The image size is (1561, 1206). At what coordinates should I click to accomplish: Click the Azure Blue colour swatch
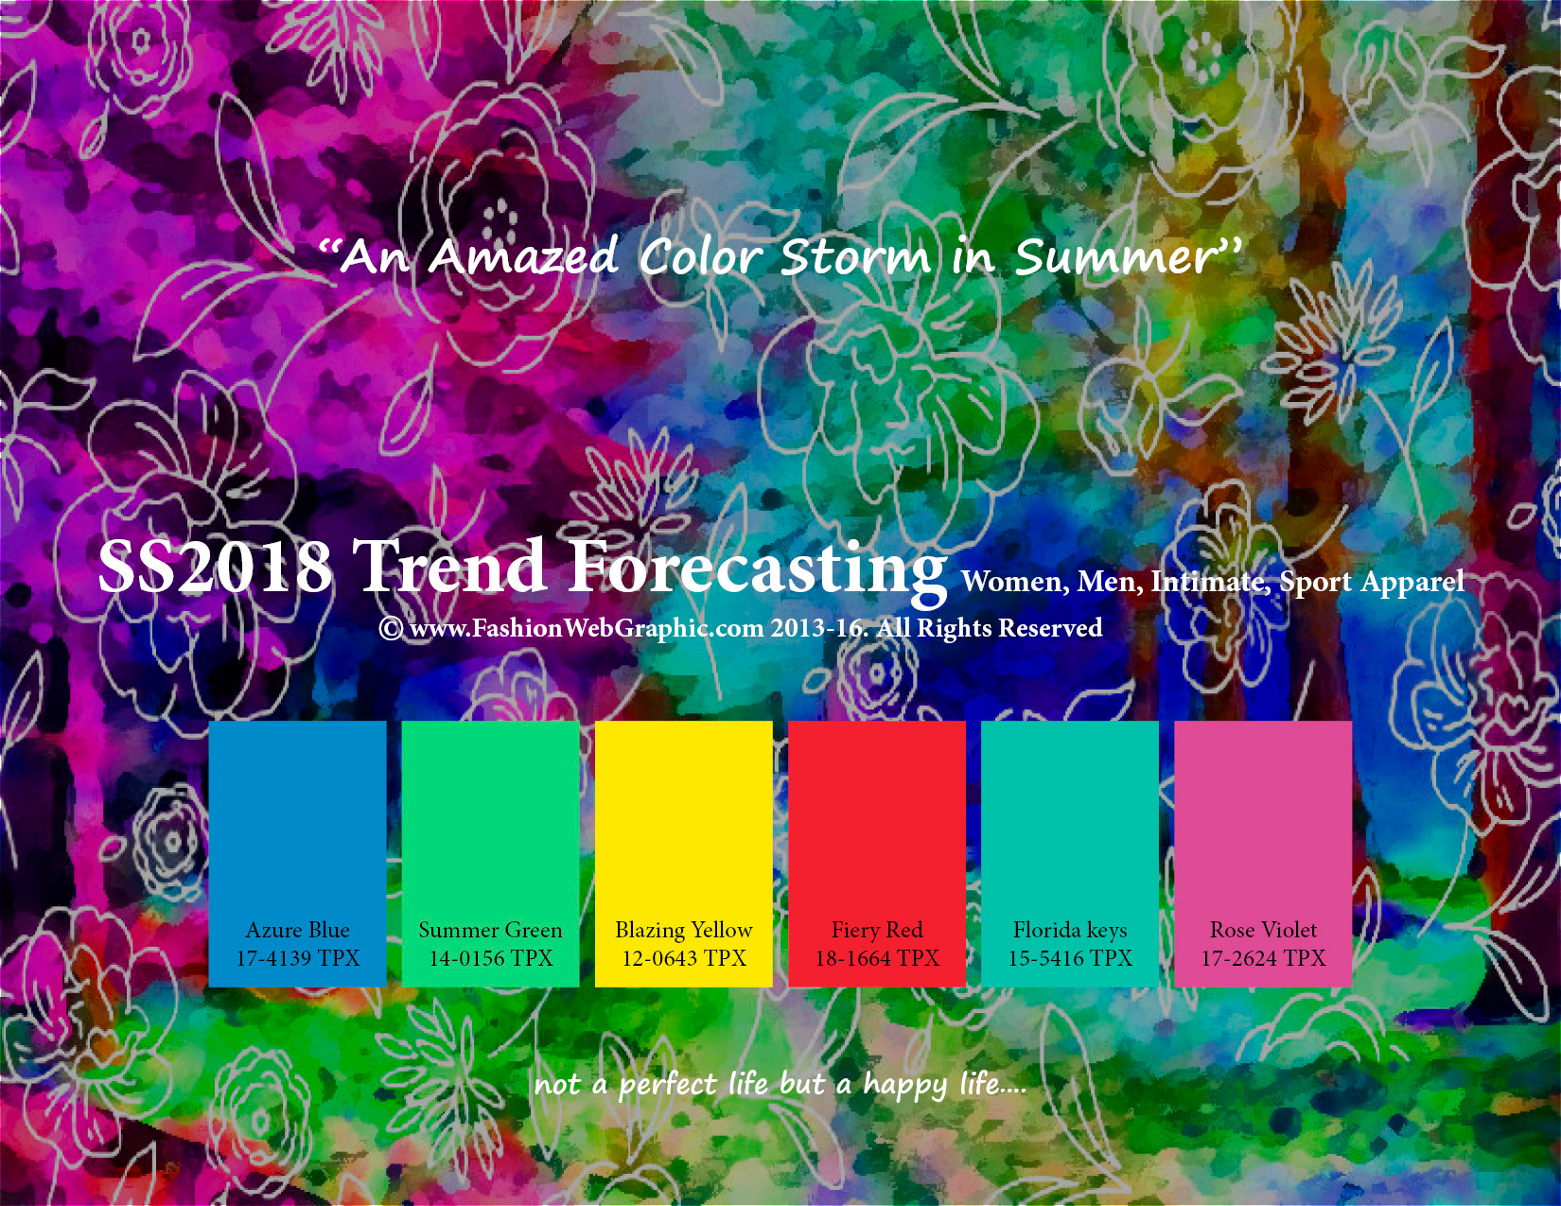pos(297,854)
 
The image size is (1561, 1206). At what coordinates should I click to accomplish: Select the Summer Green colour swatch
pos(491,854)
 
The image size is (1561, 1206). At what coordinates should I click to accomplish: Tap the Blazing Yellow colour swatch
pos(684,854)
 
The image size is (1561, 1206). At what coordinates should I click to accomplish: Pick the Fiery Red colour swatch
pos(877,854)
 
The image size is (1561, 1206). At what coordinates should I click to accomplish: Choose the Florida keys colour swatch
pos(1070,854)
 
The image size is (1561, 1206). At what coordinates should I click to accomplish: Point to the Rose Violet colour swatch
pos(1263,854)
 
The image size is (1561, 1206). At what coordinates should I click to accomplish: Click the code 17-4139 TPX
pos(298,958)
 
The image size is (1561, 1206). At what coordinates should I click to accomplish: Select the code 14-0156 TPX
pos(491,958)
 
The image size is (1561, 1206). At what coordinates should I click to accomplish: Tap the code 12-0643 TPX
pos(685,958)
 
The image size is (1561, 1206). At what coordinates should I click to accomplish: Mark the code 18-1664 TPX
pos(877,958)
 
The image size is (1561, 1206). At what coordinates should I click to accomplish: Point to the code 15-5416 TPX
pos(1070,958)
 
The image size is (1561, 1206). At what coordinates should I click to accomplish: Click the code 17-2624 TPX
pos(1264,958)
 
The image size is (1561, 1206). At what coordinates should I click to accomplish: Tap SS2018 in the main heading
pos(215,567)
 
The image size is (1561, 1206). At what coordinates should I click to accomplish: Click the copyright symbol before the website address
pos(392,628)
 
